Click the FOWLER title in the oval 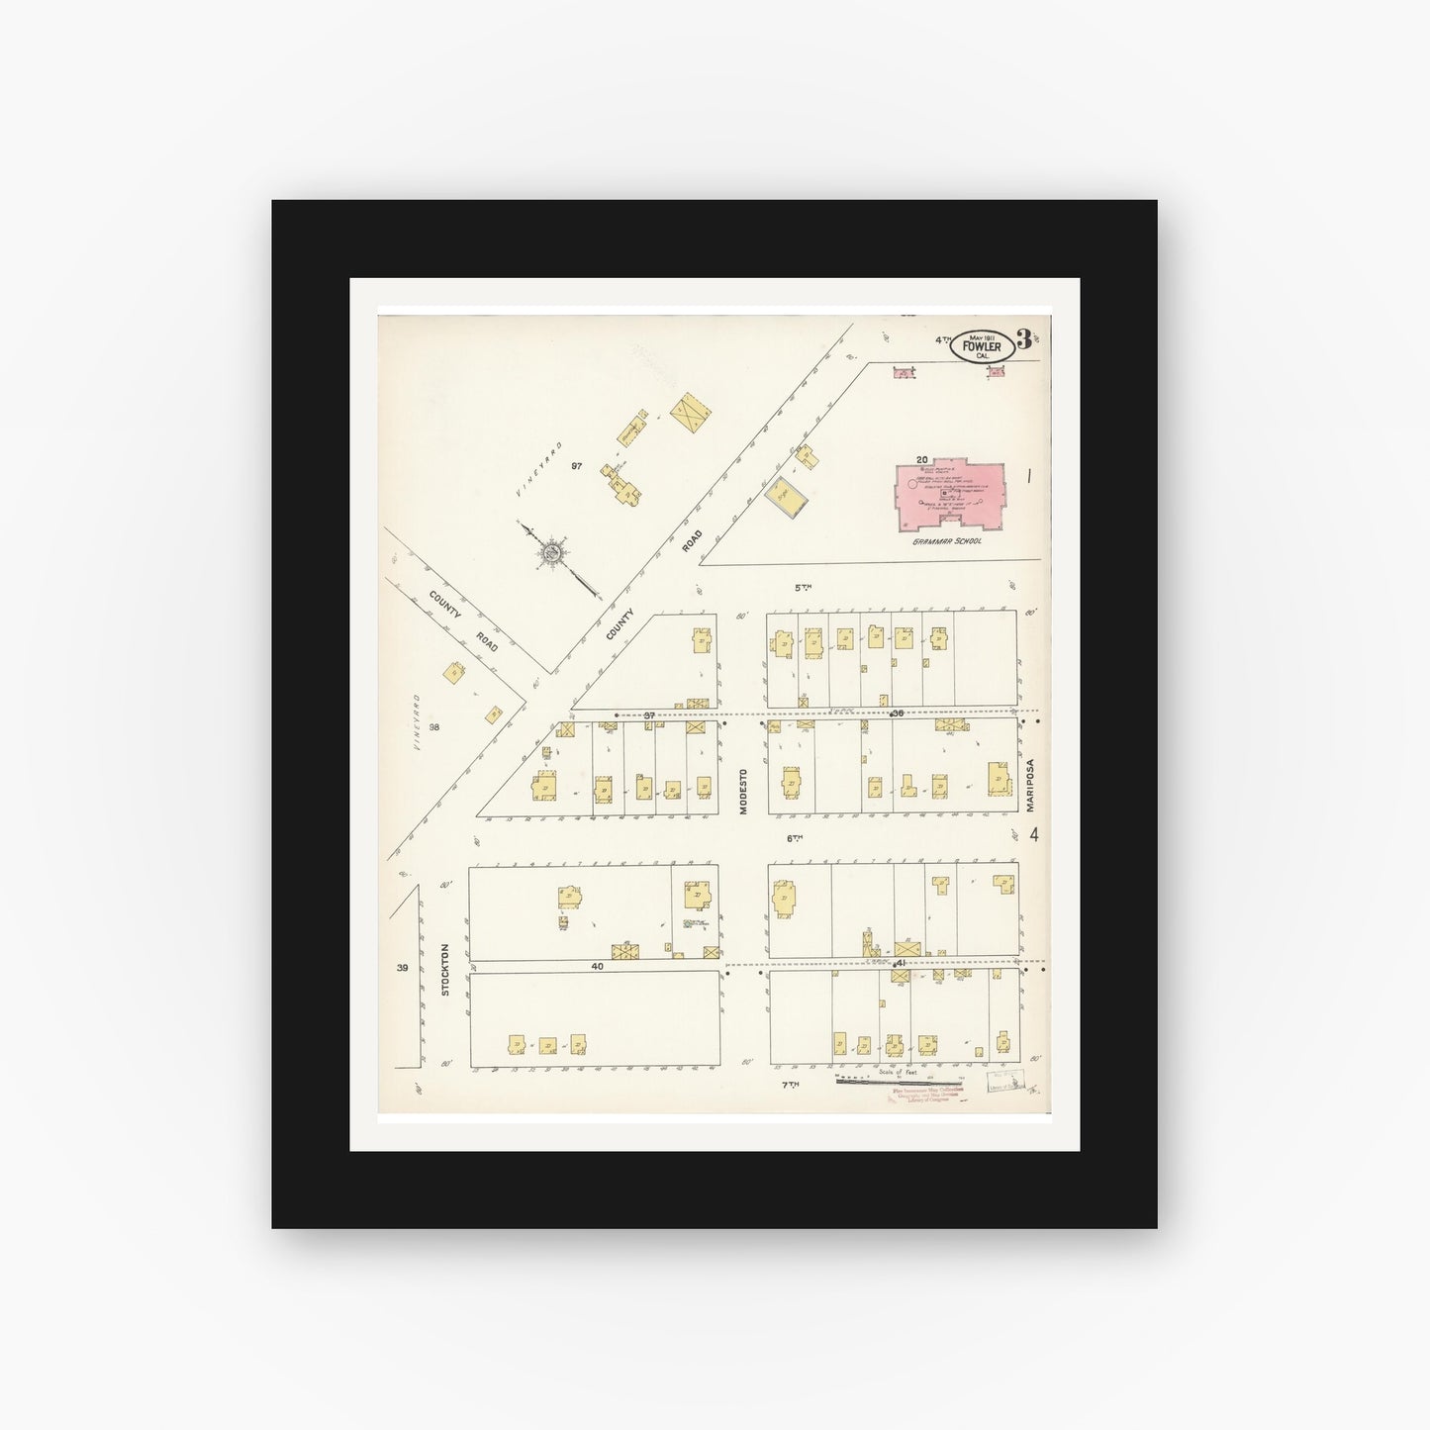click(x=981, y=346)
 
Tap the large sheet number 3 click(x=1023, y=342)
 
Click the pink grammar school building click(x=945, y=495)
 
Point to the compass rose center click(x=552, y=551)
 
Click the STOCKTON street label click(x=445, y=968)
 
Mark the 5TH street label click(x=803, y=587)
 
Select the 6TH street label click(x=794, y=838)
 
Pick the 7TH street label click(x=789, y=1085)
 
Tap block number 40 click(x=597, y=965)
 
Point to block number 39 click(x=402, y=968)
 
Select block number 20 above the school click(x=920, y=459)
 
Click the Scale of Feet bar click(x=899, y=1081)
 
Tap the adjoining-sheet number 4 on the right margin click(x=1033, y=834)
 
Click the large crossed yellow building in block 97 click(x=692, y=412)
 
